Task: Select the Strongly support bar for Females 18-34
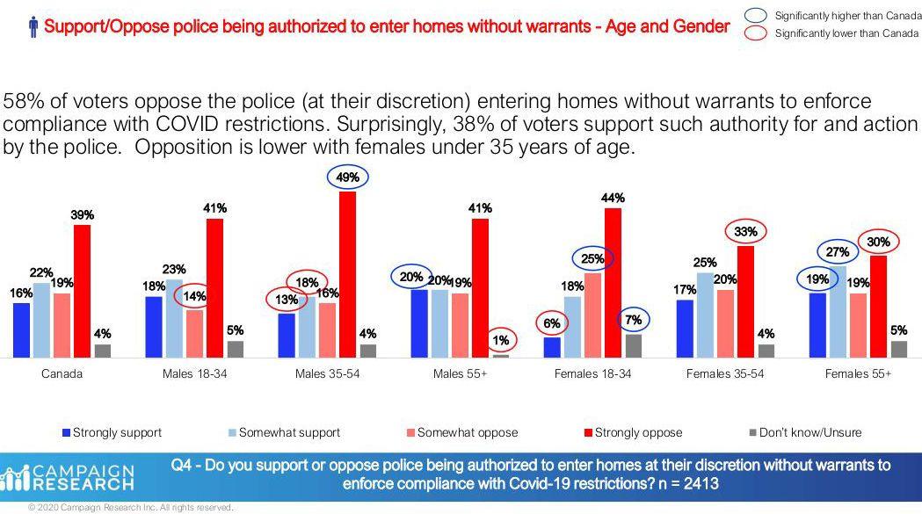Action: pos(552,348)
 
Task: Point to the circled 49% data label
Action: pos(347,177)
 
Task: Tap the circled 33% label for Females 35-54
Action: pos(746,232)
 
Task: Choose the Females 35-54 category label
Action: pos(724,374)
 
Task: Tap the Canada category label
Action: pos(62,374)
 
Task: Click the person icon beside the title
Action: pos(33,27)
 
